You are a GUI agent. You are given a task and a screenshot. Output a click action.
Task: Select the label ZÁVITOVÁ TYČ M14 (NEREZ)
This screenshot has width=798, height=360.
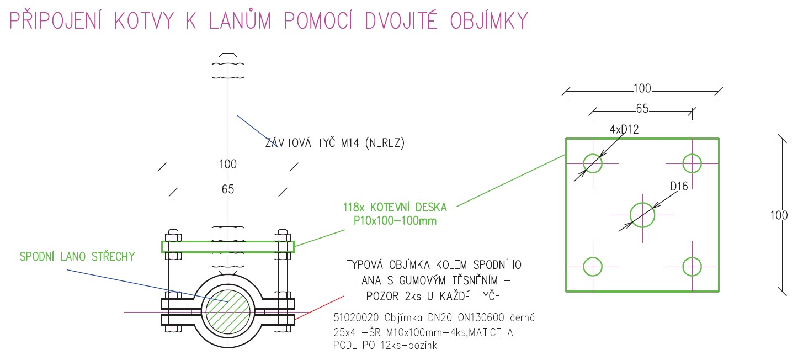coord(335,143)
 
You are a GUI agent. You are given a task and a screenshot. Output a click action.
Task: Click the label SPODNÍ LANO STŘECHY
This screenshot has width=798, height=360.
coord(77,256)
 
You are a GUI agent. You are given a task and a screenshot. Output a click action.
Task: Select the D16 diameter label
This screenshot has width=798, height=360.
coord(679,187)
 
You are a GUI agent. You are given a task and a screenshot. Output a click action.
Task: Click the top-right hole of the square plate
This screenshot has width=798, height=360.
coord(691,163)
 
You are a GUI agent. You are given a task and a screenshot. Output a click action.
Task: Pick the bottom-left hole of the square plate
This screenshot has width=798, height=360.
coord(593,266)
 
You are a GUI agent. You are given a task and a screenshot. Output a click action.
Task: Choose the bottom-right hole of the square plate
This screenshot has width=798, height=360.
coord(691,266)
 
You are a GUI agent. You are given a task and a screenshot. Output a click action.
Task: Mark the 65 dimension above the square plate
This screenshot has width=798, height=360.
coord(642,109)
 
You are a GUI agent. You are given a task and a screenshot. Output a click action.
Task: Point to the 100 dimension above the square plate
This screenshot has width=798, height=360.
coord(642,88)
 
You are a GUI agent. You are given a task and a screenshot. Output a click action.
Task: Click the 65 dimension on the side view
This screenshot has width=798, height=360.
coord(228,189)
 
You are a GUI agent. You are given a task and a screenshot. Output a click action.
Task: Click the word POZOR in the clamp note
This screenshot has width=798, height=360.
coord(386,297)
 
